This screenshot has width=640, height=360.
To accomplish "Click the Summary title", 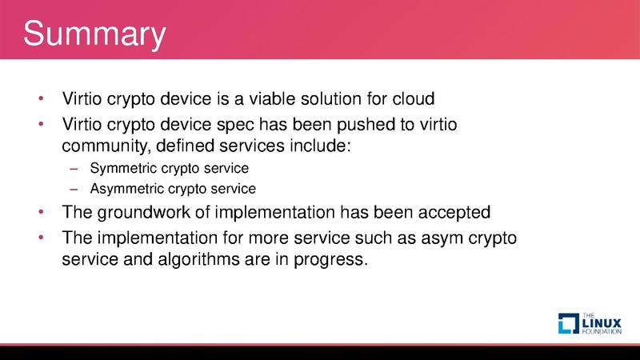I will (94, 35).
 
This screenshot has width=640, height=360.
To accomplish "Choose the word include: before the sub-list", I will (324, 146).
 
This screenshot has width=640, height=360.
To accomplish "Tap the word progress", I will (334, 260).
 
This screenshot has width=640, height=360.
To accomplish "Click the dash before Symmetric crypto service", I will (74, 170).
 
